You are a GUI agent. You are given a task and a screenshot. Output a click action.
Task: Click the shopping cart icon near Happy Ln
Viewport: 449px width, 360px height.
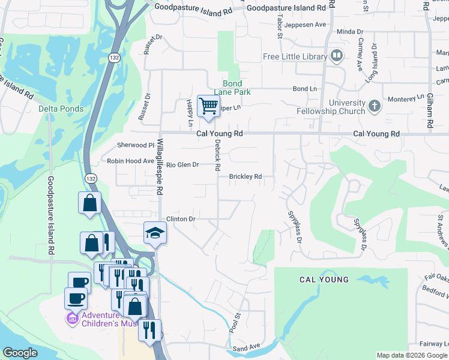pyautogui.click(x=208, y=106)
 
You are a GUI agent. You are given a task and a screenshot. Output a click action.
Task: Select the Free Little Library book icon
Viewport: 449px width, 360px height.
pyautogui.click(x=337, y=57)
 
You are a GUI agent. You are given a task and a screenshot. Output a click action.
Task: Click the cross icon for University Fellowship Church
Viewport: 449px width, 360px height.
pyautogui.click(x=374, y=106)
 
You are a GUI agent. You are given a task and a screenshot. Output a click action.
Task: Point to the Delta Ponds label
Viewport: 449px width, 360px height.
pyautogui.click(x=61, y=109)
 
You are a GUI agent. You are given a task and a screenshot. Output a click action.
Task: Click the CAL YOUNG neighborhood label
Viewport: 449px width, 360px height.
pyautogui.click(x=324, y=280)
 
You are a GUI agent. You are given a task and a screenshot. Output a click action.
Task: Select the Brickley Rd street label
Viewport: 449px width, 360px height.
pyautogui.click(x=246, y=177)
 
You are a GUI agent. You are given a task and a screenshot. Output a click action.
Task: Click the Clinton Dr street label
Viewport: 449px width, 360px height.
pyautogui.click(x=181, y=219)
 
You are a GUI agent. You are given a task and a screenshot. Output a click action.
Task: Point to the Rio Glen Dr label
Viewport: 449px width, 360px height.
pyautogui.click(x=182, y=164)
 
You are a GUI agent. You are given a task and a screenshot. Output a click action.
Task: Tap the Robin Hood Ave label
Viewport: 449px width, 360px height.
pyautogui.click(x=130, y=161)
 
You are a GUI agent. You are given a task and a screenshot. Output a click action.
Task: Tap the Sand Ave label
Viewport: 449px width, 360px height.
pyautogui.click(x=246, y=347)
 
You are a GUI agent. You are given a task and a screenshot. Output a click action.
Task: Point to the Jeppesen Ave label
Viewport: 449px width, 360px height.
pyautogui.click(x=305, y=25)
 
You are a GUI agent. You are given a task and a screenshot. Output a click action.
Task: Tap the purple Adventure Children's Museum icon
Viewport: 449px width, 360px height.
pyautogui.click(x=72, y=318)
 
